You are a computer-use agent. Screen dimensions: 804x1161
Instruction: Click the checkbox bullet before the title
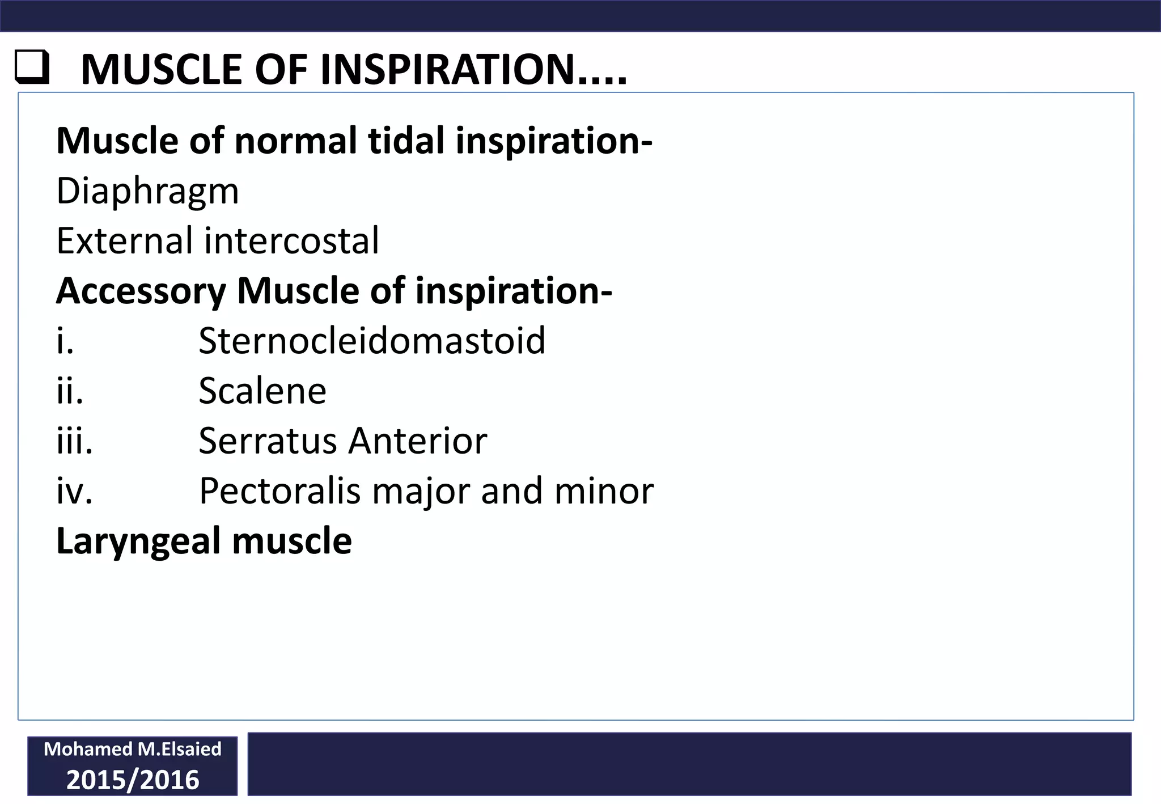pos(32,68)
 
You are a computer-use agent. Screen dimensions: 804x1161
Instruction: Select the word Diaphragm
pos(147,192)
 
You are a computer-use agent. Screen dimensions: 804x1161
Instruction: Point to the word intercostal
pos(291,240)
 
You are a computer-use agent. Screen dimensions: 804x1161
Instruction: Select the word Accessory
pos(141,291)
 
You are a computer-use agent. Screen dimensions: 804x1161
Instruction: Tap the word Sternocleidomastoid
pos(372,341)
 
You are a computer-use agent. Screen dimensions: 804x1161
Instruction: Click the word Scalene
pos(262,391)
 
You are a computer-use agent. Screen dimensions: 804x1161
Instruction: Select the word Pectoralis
pos(279,490)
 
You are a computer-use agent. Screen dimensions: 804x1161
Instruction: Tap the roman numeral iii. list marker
pos(74,441)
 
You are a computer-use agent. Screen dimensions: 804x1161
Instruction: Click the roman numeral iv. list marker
pos(74,490)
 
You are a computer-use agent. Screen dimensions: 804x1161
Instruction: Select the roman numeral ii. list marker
pos(70,391)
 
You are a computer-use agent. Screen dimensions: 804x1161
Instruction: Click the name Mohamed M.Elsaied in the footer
pos(133,749)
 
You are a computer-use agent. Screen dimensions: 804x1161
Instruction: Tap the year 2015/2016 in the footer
pos(133,780)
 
